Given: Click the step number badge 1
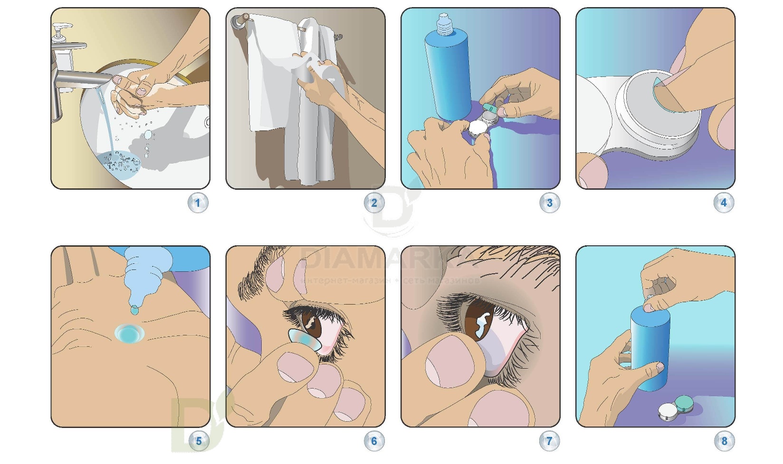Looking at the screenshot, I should pos(198,204).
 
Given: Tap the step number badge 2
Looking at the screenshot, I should pos(373,203).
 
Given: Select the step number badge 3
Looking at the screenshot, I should pos(549,203).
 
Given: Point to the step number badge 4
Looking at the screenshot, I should pos(724,203).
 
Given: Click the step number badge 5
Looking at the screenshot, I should pos(198,441).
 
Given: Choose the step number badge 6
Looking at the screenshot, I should pos(373,441).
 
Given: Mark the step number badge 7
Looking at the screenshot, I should pos(549,441).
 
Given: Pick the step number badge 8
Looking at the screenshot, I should pos(724,441).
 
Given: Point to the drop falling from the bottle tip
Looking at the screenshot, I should pos(134,310).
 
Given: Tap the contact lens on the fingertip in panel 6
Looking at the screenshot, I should pos(303,339).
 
